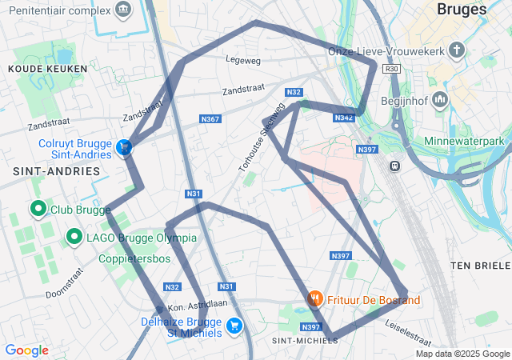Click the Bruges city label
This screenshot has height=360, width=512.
click(x=462, y=10)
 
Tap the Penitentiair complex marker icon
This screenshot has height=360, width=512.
click(x=124, y=10)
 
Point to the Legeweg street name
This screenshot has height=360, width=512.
click(x=243, y=60)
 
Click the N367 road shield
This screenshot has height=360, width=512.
click(x=210, y=119)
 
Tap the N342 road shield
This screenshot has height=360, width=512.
click(x=344, y=118)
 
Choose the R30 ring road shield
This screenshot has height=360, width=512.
click(x=391, y=70)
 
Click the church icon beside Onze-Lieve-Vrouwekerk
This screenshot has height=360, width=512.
click(x=457, y=51)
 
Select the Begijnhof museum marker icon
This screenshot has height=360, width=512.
click(x=441, y=100)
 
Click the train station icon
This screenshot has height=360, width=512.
click(x=394, y=166)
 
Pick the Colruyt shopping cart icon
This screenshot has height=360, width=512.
click(x=124, y=148)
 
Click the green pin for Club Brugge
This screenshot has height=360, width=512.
click(x=38, y=210)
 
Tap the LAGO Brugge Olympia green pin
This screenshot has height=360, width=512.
click(x=74, y=236)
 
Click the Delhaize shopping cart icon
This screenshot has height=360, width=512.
click(x=234, y=326)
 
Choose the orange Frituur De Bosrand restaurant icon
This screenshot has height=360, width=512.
click(x=315, y=299)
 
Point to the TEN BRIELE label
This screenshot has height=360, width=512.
click(x=480, y=265)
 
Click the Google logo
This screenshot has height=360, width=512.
click(x=26, y=350)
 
